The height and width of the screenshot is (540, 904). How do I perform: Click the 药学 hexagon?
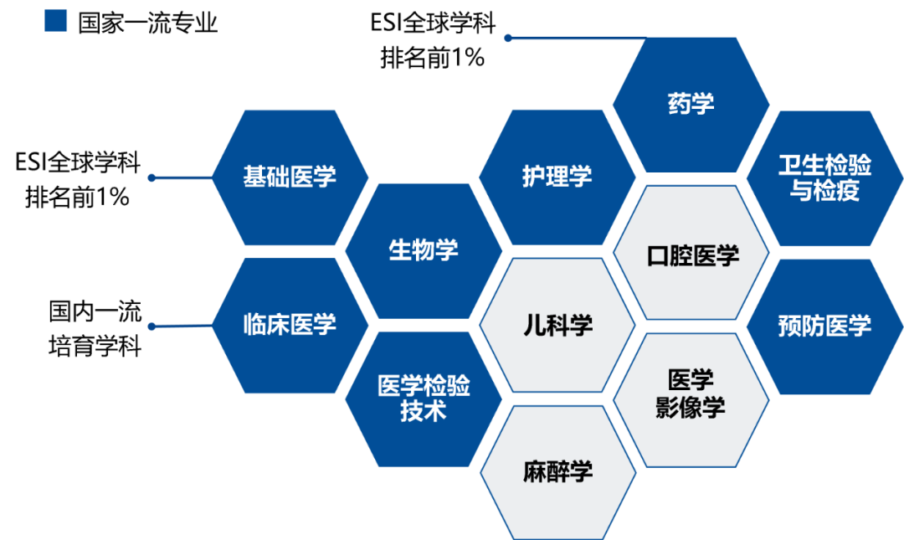click(x=691, y=105)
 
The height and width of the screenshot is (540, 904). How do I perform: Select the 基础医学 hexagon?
click(x=290, y=177)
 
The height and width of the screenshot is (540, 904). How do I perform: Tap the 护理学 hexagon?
click(x=557, y=177)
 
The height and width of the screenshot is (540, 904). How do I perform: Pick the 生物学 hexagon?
click(x=424, y=250)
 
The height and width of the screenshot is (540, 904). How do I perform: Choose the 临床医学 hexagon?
click(x=290, y=325)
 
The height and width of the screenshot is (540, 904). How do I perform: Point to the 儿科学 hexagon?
click(x=557, y=326)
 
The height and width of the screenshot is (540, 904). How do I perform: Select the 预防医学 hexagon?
click(x=824, y=326)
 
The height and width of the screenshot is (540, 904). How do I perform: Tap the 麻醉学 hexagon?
click(x=557, y=471)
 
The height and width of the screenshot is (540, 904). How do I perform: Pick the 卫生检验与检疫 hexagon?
click(x=824, y=177)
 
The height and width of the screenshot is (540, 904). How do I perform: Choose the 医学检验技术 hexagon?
click(x=424, y=399)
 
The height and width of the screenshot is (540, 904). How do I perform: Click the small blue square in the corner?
click(x=55, y=20)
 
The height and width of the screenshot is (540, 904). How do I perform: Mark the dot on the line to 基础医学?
click(x=152, y=177)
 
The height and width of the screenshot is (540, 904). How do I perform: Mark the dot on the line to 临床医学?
click(x=152, y=327)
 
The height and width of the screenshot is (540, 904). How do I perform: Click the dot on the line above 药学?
click(x=507, y=38)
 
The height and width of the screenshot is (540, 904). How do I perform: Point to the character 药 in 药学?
click(x=679, y=105)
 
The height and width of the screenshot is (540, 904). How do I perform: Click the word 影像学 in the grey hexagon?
click(x=691, y=409)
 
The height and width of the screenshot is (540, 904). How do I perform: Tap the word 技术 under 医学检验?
click(x=424, y=412)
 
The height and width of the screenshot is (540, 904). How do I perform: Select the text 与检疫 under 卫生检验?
click(x=824, y=191)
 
